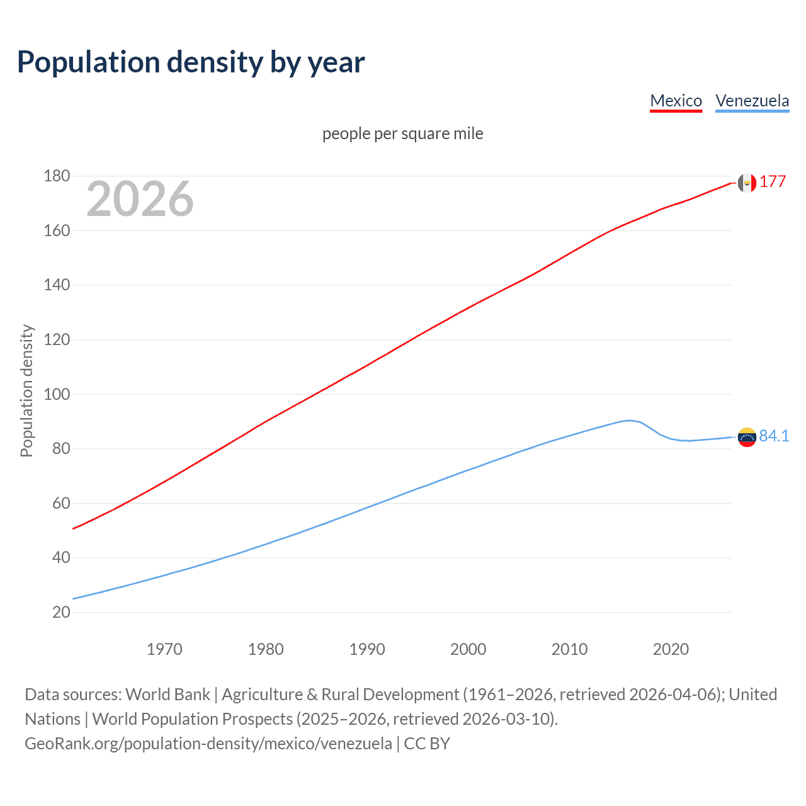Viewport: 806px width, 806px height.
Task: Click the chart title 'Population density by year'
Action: [x=191, y=62]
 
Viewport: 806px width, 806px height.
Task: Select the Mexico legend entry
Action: [x=676, y=101]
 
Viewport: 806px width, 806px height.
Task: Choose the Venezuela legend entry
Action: [x=752, y=101]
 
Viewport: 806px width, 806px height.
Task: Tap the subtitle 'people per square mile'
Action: [x=402, y=133]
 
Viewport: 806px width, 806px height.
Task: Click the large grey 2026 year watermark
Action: [x=140, y=199]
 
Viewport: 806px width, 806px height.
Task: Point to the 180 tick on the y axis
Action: [x=57, y=176]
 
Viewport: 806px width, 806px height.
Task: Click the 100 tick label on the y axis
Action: [x=57, y=394]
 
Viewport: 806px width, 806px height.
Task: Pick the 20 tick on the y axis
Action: [x=61, y=612]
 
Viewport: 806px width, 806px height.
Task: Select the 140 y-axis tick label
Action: [x=57, y=285]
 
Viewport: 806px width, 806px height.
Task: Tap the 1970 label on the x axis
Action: [x=164, y=649]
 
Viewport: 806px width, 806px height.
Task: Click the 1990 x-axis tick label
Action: [x=367, y=649]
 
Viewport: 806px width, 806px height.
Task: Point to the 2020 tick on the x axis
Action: [x=671, y=649]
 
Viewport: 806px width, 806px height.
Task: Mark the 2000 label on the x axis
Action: [x=468, y=649]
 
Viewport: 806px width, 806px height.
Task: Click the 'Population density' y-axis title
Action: [x=26, y=390]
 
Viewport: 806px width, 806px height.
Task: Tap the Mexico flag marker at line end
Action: [x=747, y=183]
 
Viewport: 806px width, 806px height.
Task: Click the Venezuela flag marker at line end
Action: [x=747, y=437]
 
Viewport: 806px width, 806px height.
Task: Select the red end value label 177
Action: [x=773, y=182]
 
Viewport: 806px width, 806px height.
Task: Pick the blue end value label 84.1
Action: [x=774, y=436]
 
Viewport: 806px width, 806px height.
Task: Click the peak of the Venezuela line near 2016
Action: [x=630, y=420]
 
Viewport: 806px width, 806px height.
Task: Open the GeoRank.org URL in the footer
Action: [x=208, y=744]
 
